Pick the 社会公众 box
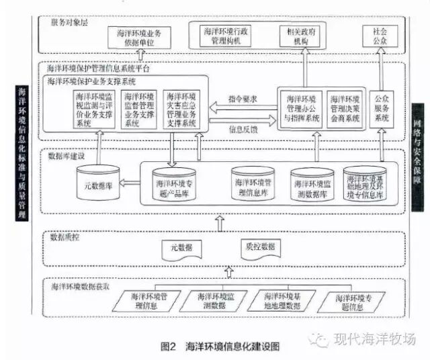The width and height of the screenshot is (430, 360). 375,36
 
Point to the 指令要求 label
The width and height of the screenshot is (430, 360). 243,97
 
